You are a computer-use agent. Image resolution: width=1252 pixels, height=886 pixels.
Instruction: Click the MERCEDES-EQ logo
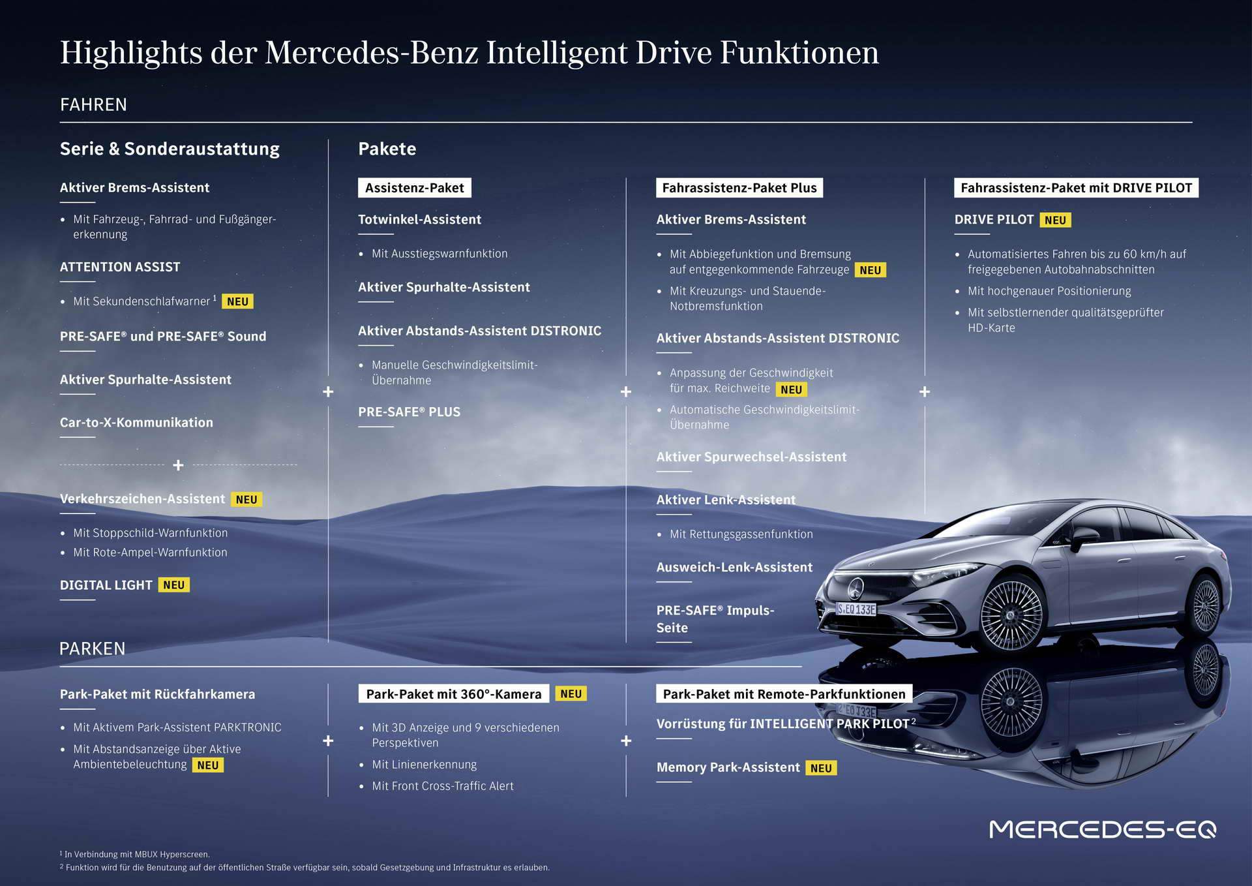click(x=1103, y=829)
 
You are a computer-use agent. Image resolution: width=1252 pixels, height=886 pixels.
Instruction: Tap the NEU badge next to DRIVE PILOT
click(x=1055, y=220)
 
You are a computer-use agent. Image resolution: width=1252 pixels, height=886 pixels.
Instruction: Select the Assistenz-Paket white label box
click(x=415, y=188)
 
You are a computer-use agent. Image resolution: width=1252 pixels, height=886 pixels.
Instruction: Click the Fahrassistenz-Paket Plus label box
click(x=739, y=188)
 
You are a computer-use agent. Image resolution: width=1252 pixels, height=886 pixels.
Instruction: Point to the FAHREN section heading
click(x=93, y=104)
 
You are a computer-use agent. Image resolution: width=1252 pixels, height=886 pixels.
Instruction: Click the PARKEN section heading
click(x=92, y=649)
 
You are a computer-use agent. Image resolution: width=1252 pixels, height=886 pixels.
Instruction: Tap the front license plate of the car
click(x=857, y=609)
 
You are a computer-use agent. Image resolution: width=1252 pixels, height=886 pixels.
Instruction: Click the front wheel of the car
click(x=1011, y=615)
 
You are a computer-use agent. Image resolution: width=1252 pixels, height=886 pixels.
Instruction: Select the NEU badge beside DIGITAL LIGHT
click(x=173, y=585)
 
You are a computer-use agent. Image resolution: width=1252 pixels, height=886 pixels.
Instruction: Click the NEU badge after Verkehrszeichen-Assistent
click(x=246, y=499)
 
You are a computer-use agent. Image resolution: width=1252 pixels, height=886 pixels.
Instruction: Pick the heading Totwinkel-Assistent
click(x=420, y=220)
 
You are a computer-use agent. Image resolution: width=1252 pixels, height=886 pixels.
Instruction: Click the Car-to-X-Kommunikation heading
click(x=136, y=422)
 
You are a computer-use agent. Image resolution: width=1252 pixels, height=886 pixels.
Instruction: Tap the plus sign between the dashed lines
click(x=178, y=465)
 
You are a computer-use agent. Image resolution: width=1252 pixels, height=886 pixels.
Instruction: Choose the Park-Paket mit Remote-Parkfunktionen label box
click(x=784, y=694)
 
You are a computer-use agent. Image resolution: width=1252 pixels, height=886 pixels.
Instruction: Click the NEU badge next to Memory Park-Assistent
click(x=821, y=768)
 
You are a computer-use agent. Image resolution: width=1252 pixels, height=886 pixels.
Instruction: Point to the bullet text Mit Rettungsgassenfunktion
click(x=741, y=534)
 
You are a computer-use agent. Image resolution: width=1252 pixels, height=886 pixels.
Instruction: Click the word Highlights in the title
click(x=131, y=53)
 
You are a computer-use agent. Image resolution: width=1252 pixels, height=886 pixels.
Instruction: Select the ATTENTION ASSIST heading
click(x=120, y=267)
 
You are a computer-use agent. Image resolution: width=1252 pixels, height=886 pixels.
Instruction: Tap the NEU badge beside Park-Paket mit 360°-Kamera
click(x=571, y=694)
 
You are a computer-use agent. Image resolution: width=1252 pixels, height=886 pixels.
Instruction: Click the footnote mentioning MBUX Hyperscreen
click(x=135, y=854)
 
